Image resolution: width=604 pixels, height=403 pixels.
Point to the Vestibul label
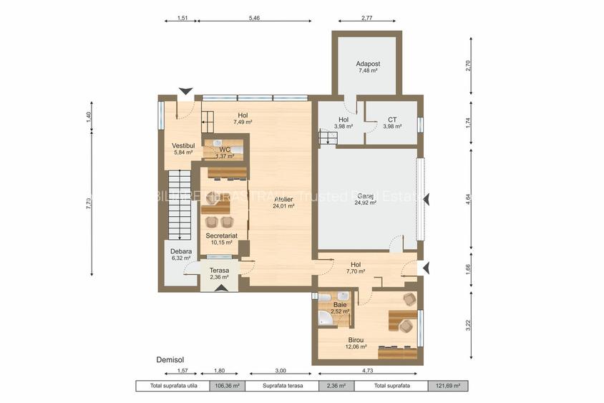[x=183, y=146]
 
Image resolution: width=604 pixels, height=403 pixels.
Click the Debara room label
[x=180, y=251]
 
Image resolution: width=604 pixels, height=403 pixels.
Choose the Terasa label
[x=219, y=271]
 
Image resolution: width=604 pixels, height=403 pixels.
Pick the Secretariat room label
[x=221, y=235]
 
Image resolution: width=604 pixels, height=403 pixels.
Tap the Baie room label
[x=340, y=305]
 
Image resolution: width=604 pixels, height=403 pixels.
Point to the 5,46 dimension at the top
[x=254, y=18]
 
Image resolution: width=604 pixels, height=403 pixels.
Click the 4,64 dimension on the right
[x=469, y=200]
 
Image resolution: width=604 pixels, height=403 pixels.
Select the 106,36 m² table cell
[x=226, y=386]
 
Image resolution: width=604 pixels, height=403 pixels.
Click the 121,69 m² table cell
[x=448, y=386]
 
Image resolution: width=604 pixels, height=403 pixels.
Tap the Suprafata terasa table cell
[x=282, y=386]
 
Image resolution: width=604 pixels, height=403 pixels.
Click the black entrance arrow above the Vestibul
[x=186, y=91]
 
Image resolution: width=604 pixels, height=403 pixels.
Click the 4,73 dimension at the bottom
[x=368, y=371]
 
